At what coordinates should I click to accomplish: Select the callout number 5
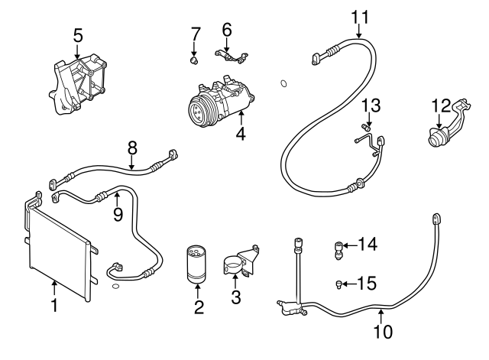(x=77, y=34)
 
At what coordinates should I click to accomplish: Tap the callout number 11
(x=360, y=15)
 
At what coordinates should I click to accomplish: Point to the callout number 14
(x=368, y=245)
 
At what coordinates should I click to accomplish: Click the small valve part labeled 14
(x=338, y=247)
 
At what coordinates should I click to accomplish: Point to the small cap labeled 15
(x=337, y=285)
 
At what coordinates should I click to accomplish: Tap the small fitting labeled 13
(x=366, y=126)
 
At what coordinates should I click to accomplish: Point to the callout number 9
(x=117, y=215)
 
